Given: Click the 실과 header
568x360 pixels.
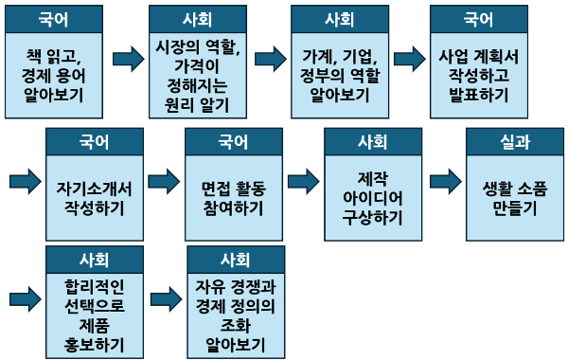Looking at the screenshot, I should pyautogui.click(x=514, y=142).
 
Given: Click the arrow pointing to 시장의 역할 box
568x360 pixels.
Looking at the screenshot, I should pyautogui.click(x=127, y=59).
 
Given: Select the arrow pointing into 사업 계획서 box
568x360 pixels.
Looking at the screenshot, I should pyautogui.click(x=409, y=59).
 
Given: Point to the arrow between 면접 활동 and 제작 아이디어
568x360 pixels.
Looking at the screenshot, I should pyautogui.click(x=304, y=180).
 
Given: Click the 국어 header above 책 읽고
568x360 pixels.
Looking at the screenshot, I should pyautogui.click(x=55, y=19).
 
